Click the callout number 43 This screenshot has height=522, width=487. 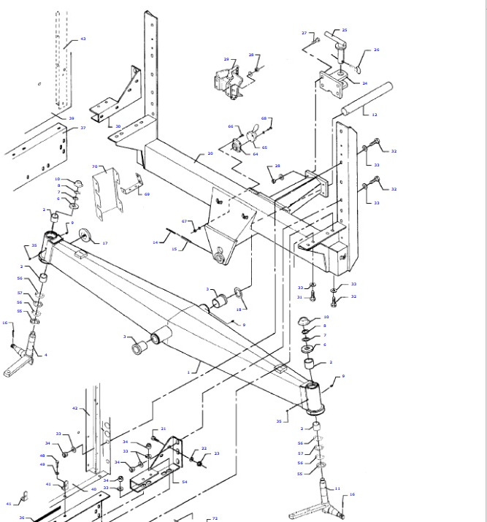[x=83, y=39]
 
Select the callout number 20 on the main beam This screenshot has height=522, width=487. [x=210, y=153]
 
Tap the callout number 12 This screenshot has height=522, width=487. [x=375, y=115]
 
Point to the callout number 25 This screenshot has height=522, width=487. [x=345, y=31]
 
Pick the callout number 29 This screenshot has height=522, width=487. [x=226, y=60]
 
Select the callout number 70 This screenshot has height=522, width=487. [x=95, y=166]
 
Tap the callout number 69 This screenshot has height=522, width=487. [x=147, y=194]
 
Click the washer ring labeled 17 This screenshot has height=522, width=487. [x=85, y=236]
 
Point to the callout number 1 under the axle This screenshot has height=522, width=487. [x=188, y=372]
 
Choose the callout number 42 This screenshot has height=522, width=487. [x=74, y=408]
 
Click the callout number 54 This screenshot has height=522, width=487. [x=185, y=482]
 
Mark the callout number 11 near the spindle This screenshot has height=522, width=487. [x=337, y=488]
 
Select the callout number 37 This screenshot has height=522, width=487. [x=83, y=128]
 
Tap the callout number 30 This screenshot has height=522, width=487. [x=118, y=126]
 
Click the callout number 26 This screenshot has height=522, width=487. [x=376, y=50]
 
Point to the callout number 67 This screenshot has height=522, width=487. [x=185, y=221]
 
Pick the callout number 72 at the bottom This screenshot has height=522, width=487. [x=215, y=518]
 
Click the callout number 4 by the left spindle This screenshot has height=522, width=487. [x=45, y=355]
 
